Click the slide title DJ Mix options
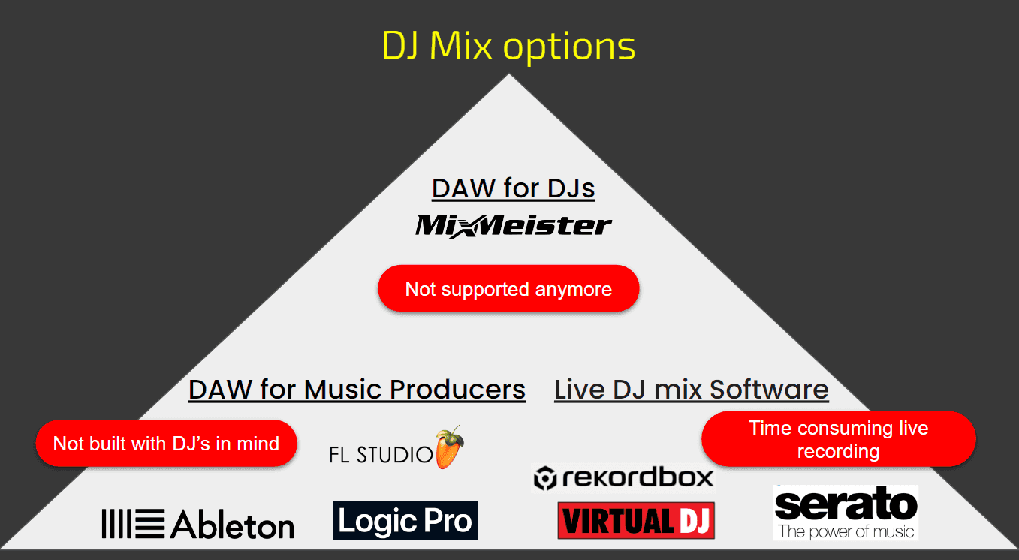click(508, 47)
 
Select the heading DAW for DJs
click(514, 188)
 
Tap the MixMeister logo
click(514, 225)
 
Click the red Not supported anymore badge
click(508, 289)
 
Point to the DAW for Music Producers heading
click(357, 390)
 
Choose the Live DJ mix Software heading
click(692, 390)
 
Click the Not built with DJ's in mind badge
click(166, 443)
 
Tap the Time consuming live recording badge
click(838, 439)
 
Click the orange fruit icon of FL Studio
click(449, 448)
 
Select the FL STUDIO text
click(381, 454)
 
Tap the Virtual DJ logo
click(636, 520)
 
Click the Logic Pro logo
click(405, 520)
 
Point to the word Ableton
click(233, 525)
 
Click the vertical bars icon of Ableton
click(133, 524)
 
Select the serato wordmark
click(846, 504)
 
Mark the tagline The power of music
click(846, 532)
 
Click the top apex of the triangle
click(509, 75)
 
